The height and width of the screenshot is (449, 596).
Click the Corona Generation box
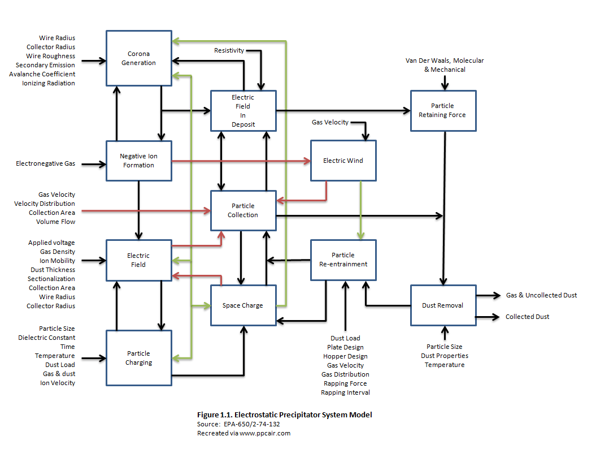click(x=138, y=58)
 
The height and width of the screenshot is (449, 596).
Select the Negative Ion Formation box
click(x=138, y=161)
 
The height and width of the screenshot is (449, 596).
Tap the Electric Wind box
click(x=343, y=161)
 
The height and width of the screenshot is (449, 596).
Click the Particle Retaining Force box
click(x=442, y=110)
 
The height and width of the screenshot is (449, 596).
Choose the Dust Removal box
click(x=442, y=305)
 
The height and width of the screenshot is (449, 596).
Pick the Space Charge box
click(x=243, y=305)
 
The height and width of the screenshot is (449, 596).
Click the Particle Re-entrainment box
click(x=343, y=260)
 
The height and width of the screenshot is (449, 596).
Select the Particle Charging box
click(x=138, y=358)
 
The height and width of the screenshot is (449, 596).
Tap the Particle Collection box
click(x=243, y=210)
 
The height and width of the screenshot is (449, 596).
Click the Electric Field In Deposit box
click(x=243, y=111)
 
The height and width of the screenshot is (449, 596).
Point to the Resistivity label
click(x=229, y=50)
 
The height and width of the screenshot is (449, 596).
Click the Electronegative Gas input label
click(x=45, y=164)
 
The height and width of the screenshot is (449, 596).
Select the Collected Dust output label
click(x=527, y=317)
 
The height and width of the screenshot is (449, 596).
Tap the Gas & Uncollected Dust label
click(x=541, y=295)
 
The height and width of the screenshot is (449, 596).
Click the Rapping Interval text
click(x=345, y=392)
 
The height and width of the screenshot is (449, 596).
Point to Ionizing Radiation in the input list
click(x=49, y=83)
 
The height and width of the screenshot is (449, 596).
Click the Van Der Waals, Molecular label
click(x=445, y=61)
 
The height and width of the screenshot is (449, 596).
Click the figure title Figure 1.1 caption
click(x=284, y=415)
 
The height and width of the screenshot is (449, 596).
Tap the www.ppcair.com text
click(x=264, y=433)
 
